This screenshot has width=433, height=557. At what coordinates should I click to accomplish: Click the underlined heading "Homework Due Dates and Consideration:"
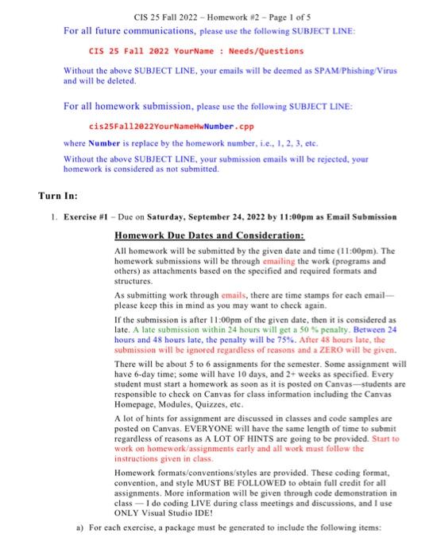coord(210,236)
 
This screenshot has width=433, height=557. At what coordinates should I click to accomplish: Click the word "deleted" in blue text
coord(119,81)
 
